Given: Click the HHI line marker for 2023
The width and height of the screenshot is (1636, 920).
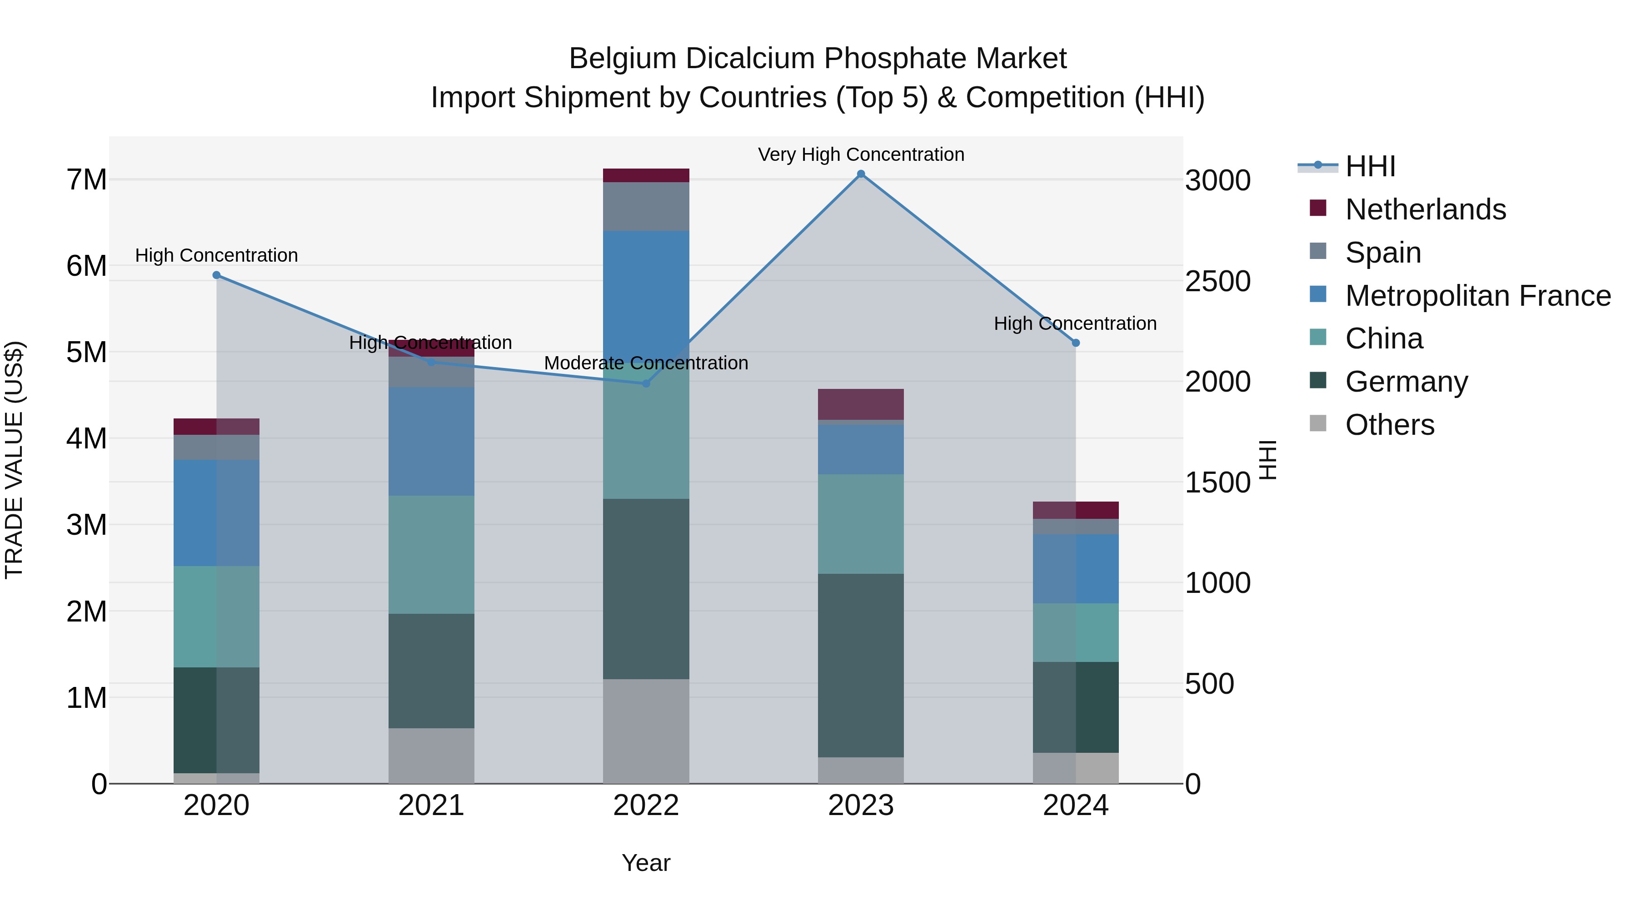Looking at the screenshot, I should click(861, 174).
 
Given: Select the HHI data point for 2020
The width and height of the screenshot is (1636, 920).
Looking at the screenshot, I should click(217, 275).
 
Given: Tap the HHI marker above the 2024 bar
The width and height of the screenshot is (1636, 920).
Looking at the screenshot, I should click(1076, 343).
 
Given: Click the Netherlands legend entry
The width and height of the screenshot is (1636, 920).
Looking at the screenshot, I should click(1425, 209).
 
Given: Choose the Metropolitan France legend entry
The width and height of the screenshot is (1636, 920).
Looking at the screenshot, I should click(1477, 296).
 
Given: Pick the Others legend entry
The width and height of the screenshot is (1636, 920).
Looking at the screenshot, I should click(1390, 425).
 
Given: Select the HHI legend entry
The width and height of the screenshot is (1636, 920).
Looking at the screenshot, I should click(1370, 166).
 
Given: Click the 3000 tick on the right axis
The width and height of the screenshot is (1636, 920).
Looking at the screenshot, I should click(1217, 180).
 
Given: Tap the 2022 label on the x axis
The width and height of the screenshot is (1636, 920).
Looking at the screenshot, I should click(646, 806).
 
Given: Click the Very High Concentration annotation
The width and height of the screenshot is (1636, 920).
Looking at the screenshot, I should click(861, 154).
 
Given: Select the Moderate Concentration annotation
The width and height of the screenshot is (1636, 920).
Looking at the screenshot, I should click(646, 363).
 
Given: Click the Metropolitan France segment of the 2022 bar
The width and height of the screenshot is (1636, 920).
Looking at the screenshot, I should click(646, 292).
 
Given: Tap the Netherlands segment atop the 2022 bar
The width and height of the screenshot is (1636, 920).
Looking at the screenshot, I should click(646, 175).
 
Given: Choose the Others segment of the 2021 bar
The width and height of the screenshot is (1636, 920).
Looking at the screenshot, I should click(431, 756).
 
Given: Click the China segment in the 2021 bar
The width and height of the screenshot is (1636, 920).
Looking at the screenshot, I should click(431, 554).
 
